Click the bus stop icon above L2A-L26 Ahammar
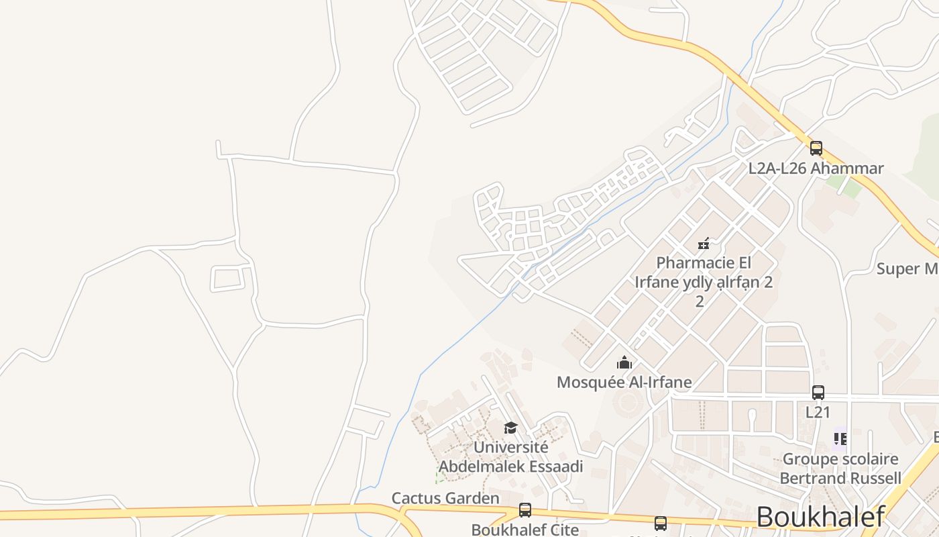coord(816,148)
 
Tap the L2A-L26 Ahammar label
coord(816,168)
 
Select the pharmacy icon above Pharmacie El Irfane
coord(704,243)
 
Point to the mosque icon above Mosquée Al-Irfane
coord(624,363)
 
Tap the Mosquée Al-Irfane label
coord(624,383)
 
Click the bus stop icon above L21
coord(818,393)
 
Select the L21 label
coord(818,411)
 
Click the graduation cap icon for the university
coord(511,428)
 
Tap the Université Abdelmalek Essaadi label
coord(511,456)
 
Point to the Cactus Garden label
coord(445,498)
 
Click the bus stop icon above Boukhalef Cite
coord(525,510)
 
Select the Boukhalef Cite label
coord(524,529)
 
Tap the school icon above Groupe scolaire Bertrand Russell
coord(840,439)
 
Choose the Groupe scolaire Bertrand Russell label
coord(840,469)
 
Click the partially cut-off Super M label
coord(907,269)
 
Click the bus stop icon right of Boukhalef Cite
coord(661,523)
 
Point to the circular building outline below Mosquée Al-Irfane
coord(628,403)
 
